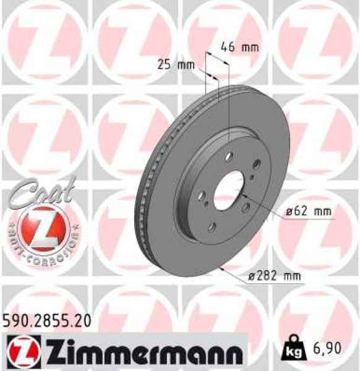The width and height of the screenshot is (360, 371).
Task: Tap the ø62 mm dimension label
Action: pos(309,212)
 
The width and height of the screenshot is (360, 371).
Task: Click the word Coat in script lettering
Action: pos(42,189)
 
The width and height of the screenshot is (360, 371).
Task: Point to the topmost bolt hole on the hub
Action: pos(229,156)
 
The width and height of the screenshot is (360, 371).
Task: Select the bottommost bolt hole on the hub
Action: pos(212,228)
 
